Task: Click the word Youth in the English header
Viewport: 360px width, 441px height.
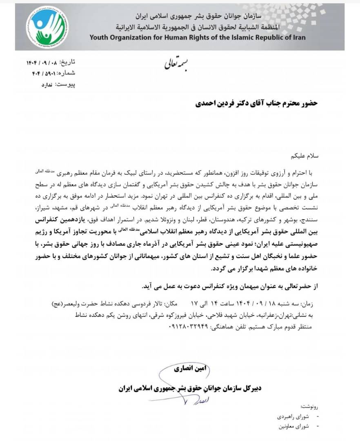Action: tap(100, 38)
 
